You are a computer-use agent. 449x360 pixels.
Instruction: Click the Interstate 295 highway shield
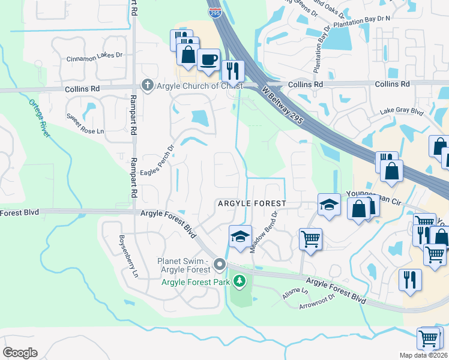pos(214,11)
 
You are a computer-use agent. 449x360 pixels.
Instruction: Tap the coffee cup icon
pos(208,60)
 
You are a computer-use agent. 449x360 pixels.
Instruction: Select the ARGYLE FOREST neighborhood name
pos(252,204)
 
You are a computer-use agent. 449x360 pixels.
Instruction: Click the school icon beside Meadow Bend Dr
pos(240,236)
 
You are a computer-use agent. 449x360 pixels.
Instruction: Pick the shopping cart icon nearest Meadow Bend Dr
pos(310,239)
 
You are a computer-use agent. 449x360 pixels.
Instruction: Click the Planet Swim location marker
pos(220,264)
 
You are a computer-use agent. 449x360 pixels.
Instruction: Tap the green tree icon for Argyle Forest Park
pos(240,281)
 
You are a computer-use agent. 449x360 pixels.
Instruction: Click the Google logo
pos(20,353)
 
